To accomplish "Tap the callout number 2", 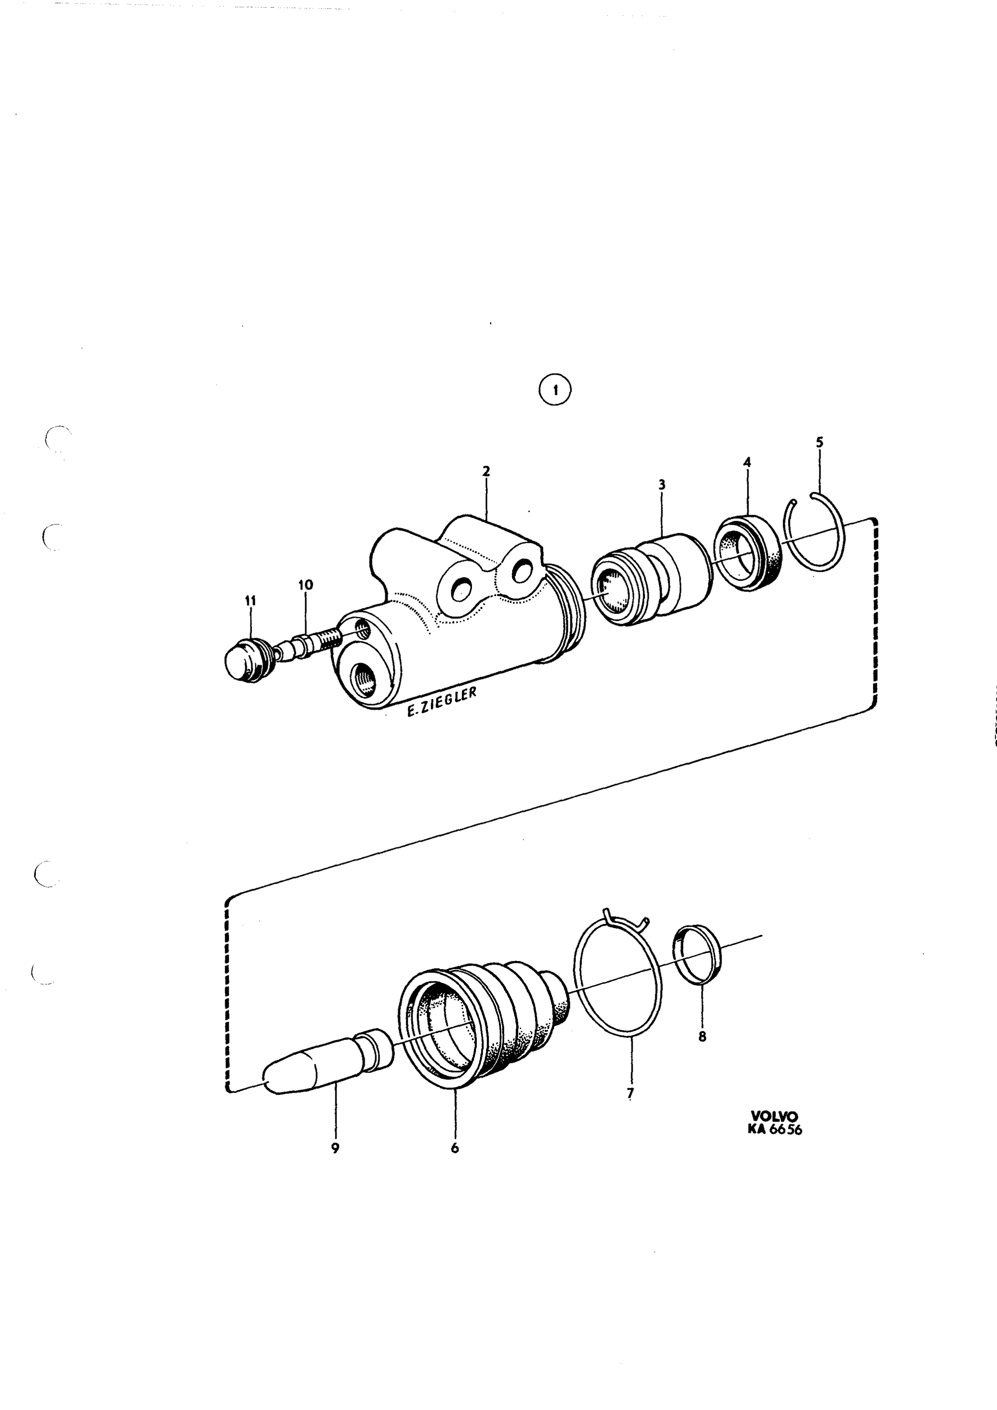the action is pos(486,472).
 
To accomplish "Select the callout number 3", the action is pos(662,485).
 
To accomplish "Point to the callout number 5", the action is pos(820,442).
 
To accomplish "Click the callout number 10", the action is pos(305,585).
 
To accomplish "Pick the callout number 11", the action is pos(250,601).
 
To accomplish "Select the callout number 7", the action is pos(630,1093).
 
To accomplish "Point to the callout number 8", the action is pos(703,1037).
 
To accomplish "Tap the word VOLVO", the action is pos(773,1116).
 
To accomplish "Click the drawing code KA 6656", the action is pos(775,1129).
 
